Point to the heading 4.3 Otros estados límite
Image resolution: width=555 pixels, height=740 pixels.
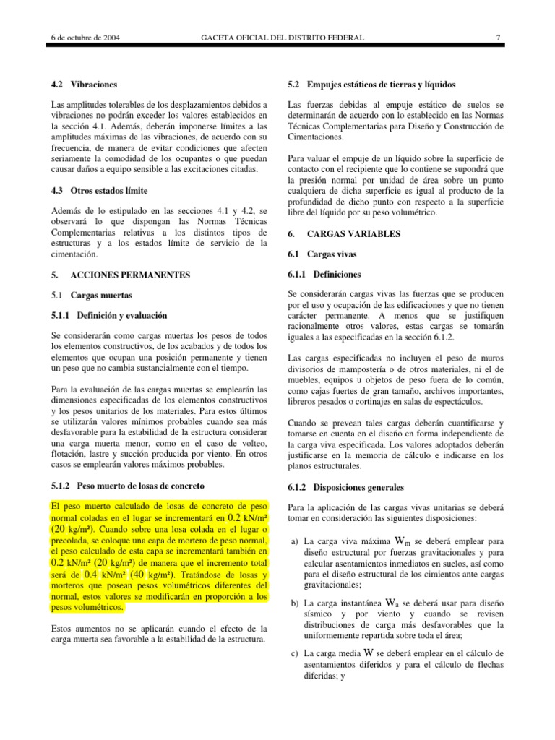pos(100,190)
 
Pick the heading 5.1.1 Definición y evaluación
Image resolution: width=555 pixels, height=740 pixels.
pos(109,315)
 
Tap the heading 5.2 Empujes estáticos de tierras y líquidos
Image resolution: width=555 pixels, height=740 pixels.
pos(371,85)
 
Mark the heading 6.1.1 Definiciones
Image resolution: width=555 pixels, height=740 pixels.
pos(324,275)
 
